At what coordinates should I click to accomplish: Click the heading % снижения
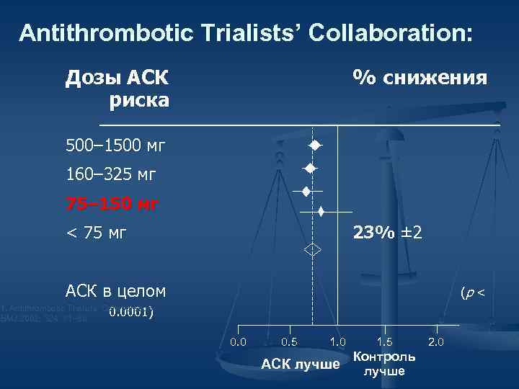(x=419, y=77)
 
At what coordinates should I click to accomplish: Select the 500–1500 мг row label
(x=115, y=146)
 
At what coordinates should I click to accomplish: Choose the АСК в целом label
(x=115, y=291)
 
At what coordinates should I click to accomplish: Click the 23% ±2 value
(x=387, y=233)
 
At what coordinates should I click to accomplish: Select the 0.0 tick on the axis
(x=238, y=341)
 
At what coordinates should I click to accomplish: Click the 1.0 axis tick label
(x=337, y=341)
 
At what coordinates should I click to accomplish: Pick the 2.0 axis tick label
(x=437, y=341)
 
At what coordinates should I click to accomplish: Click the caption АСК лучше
(x=301, y=365)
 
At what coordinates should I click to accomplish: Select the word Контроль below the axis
(x=384, y=357)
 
